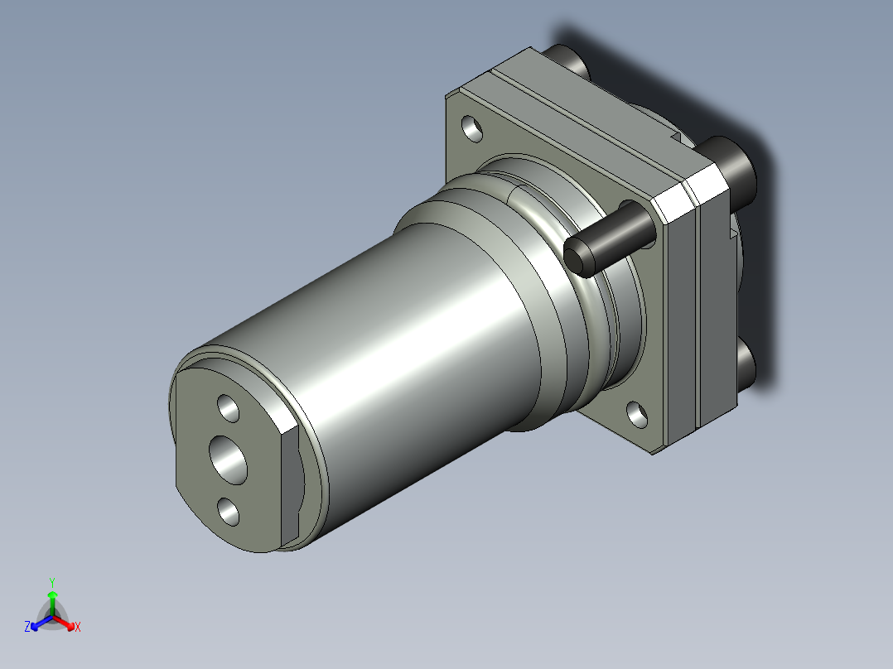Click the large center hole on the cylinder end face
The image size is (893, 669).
click(229, 460)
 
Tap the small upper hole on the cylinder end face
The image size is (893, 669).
click(229, 409)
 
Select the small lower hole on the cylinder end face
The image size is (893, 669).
click(229, 512)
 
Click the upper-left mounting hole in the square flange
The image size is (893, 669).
click(472, 128)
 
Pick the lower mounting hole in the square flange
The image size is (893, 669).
click(637, 415)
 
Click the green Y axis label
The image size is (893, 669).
click(52, 582)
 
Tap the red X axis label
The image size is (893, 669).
click(78, 627)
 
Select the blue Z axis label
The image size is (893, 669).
click(27, 626)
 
